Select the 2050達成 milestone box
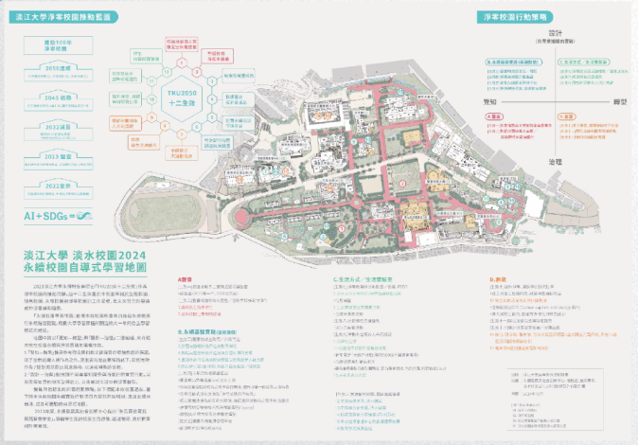[60, 68]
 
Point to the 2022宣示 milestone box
[60, 186]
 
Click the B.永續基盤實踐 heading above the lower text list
[206, 331]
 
